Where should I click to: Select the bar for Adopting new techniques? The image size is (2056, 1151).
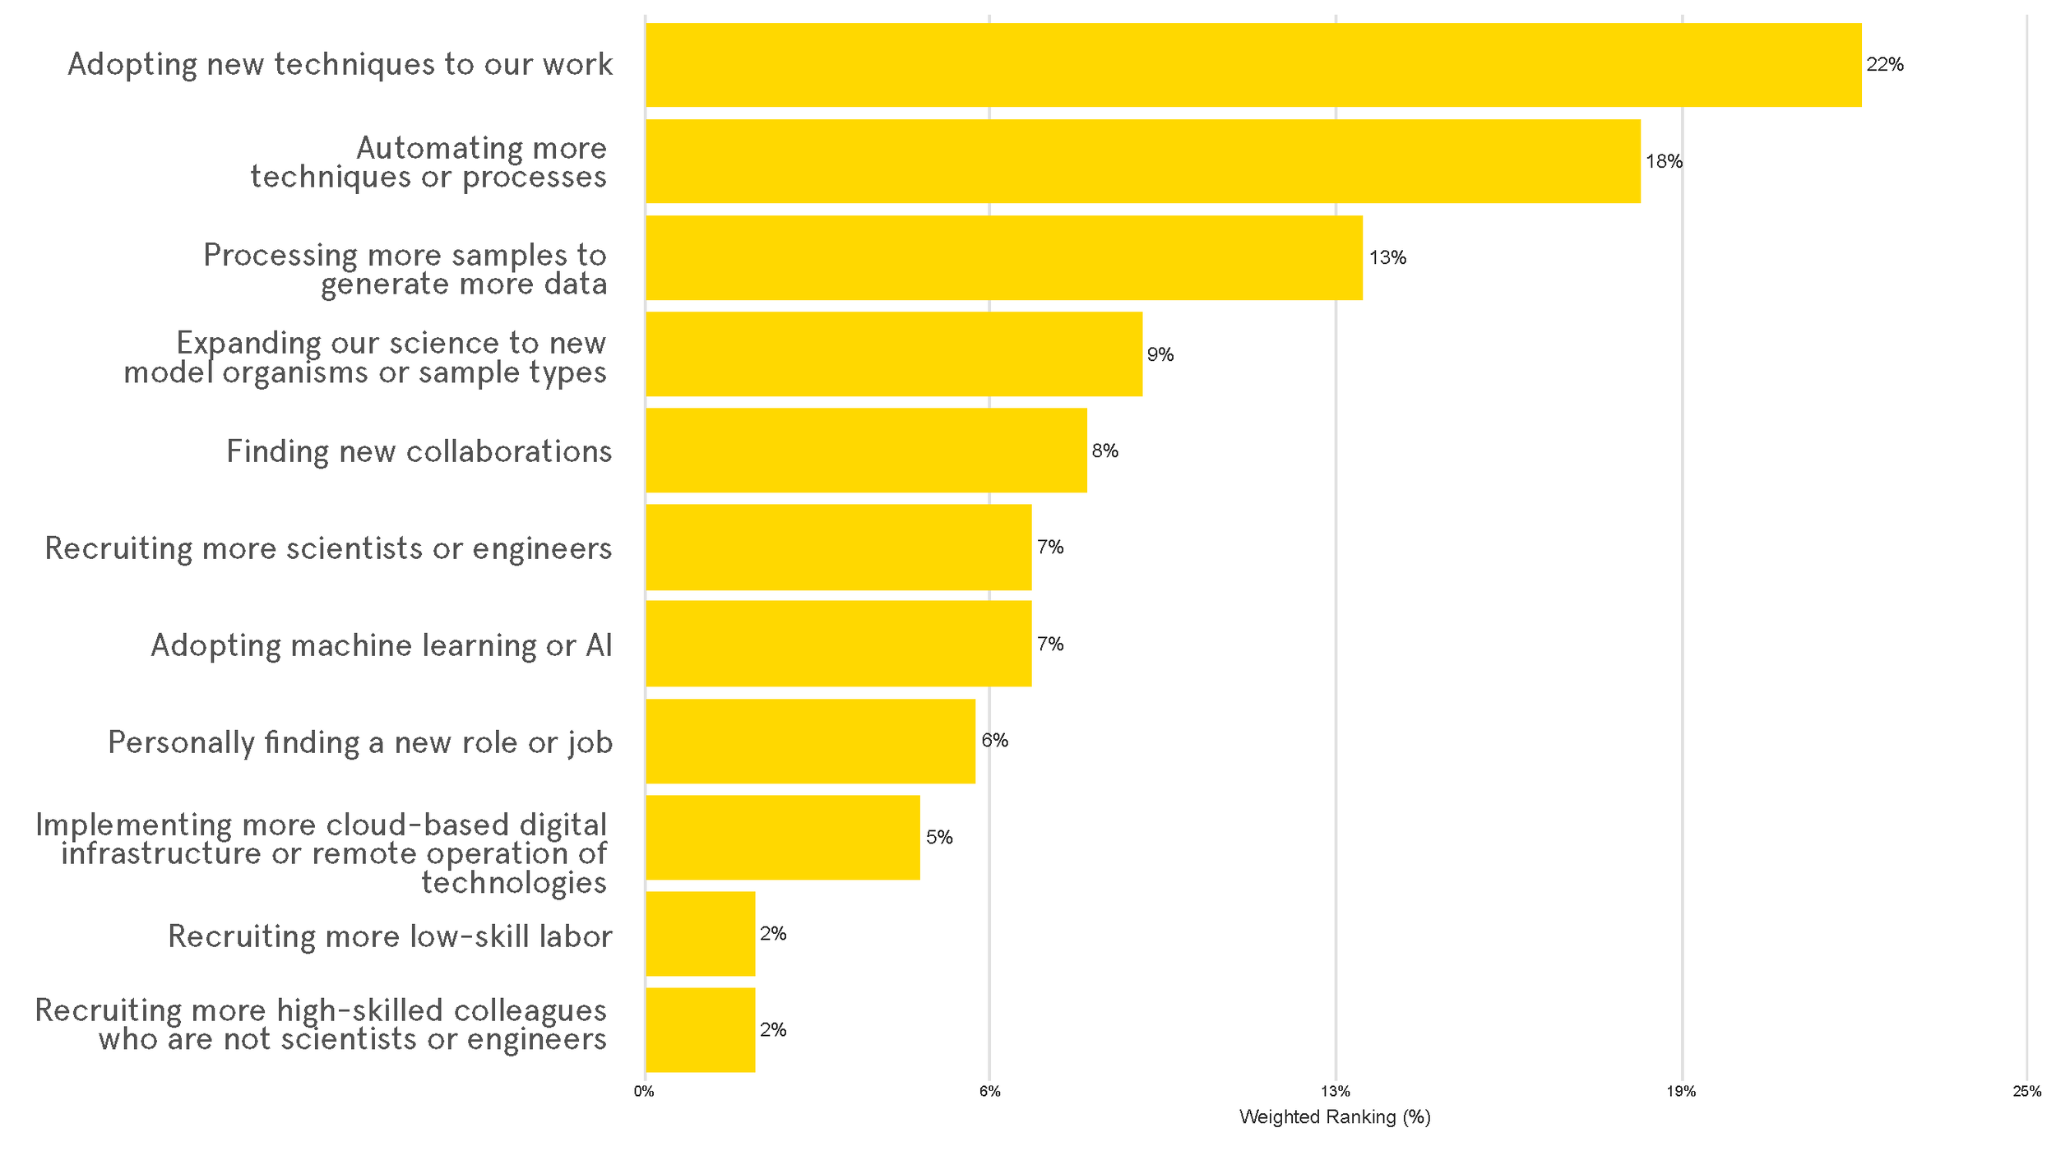pos(1253,65)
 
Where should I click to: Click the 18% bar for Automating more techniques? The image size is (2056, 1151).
pos(1142,161)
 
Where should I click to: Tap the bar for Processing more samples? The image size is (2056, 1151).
pos(1003,258)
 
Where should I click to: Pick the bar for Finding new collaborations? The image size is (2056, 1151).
pos(865,451)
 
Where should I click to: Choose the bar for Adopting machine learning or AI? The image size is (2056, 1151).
pos(838,644)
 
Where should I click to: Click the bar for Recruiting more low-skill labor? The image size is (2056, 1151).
pos(700,934)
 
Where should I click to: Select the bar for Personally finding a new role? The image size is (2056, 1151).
pos(810,741)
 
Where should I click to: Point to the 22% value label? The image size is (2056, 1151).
pos(1884,65)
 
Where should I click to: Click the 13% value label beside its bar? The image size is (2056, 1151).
pos(1387,258)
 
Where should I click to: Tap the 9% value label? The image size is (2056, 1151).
pos(1160,354)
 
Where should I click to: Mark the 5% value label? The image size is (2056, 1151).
pos(938,837)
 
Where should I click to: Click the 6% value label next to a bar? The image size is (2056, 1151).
pos(993,741)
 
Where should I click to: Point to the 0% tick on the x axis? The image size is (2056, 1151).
pos(644,1092)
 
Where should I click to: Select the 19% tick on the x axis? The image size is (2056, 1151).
pos(1681,1092)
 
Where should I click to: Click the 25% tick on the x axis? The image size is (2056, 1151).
pos(2026,1092)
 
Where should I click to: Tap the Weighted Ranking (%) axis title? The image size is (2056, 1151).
pos(1334,1117)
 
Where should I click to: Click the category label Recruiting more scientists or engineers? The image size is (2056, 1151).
pos(328,548)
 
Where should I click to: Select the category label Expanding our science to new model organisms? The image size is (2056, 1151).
pos(365,358)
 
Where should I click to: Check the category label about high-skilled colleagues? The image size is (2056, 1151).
pos(321,1024)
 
